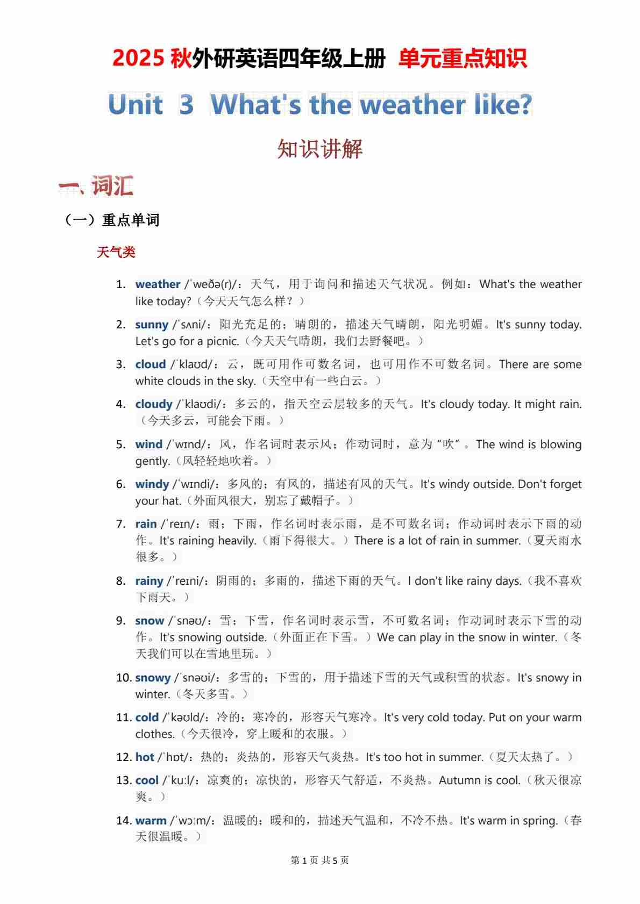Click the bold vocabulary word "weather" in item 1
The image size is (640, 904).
tap(158, 284)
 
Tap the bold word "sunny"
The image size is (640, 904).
tap(152, 325)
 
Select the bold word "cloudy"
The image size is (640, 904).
tap(154, 404)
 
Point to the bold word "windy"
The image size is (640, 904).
tap(152, 484)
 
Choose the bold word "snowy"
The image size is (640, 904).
tap(153, 678)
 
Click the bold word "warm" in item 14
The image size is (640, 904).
tap(151, 821)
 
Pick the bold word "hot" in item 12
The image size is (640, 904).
tap(145, 757)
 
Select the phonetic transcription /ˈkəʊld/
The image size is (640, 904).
tap(184, 718)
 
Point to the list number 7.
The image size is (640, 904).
tap(121, 524)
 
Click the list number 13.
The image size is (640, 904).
tap(124, 780)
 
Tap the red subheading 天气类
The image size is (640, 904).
tap(116, 253)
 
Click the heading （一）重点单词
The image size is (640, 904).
tap(112, 220)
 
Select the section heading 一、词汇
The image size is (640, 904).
tap(96, 186)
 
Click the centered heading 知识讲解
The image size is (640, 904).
tap(320, 149)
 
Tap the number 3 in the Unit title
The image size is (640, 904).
tap(186, 105)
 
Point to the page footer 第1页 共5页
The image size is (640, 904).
tap(319, 860)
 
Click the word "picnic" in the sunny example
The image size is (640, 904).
tap(223, 341)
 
